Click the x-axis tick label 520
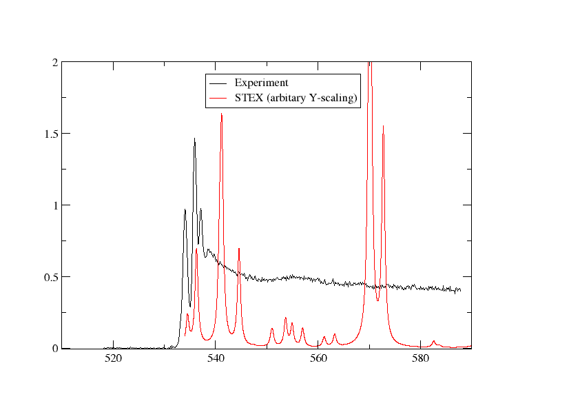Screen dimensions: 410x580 click(x=112, y=359)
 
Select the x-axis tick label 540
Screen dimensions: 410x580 click(x=216, y=359)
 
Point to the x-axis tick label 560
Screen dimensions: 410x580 click(x=318, y=359)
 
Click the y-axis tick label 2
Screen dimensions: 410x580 click(x=54, y=62)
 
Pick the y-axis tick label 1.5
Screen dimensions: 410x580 click(x=50, y=134)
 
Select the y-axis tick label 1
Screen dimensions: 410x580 click(x=54, y=205)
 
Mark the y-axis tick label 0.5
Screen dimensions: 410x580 click(x=50, y=277)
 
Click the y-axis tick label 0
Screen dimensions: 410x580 click(x=54, y=349)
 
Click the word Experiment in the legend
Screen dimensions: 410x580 click(x=261, y=83)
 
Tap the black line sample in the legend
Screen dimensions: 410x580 click(x=216, y=83)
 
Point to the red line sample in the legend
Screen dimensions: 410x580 click(x=216, y=99)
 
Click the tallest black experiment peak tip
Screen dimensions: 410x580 click(x=194, y=139)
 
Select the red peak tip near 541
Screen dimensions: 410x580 click(x=221, y=114)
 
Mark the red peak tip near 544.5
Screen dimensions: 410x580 click(x=239, y=248)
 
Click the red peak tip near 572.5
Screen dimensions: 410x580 click(x=383, y=126)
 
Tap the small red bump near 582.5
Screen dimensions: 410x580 click(x=434, y=340)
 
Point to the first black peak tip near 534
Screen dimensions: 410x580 click(x=185, y=209)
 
